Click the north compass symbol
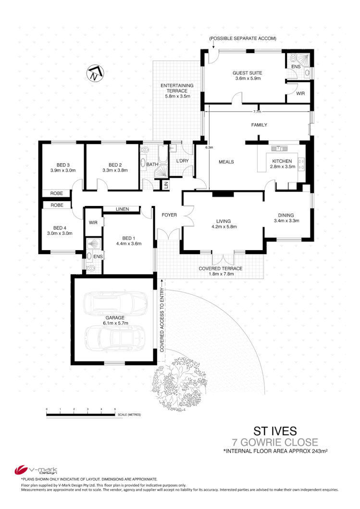tap(94, 73)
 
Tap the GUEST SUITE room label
tap(248, 73)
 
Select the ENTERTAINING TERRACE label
tap(177, 85)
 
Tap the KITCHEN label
tap(282, 161)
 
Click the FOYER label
tap(170, 215)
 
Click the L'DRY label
tap(183, 161)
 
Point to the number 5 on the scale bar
tap(115, 409)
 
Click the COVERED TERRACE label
tap(221, 268)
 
